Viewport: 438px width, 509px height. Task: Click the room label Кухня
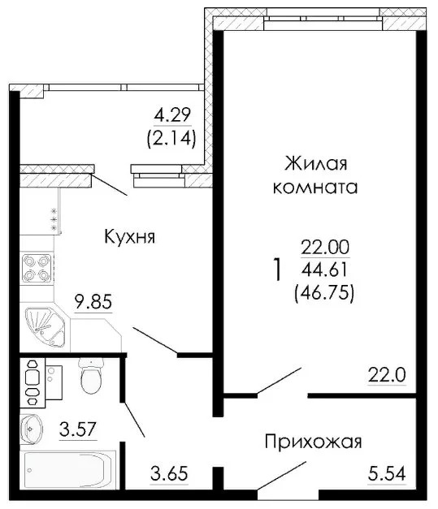click(129, 237)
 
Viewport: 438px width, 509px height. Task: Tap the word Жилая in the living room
click(316, 164)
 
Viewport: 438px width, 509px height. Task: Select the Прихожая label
click(312, 442)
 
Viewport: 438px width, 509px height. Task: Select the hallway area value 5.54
click(385, 472)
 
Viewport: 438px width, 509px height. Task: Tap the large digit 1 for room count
click(278, 270)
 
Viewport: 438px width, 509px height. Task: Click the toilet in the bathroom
click(91, 376)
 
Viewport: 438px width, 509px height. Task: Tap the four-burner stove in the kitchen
click(37, 267)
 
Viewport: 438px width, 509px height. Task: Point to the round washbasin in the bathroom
click(33, 425)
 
